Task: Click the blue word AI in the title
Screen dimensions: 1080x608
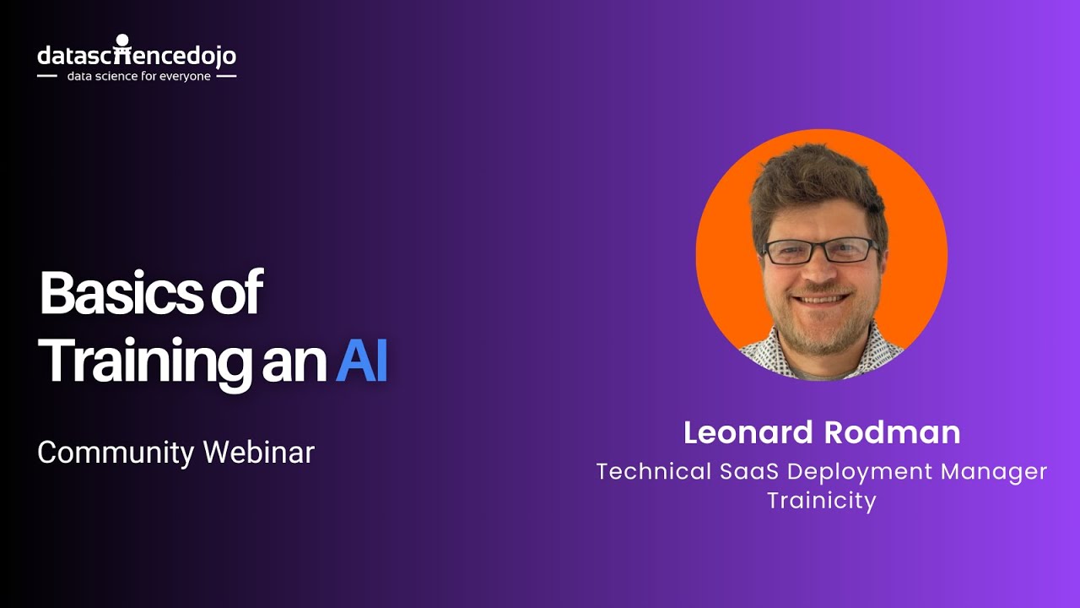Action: (x=362, y=359)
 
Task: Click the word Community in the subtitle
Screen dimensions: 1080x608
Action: (x=116, y=453)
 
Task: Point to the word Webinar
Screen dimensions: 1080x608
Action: (x=258, y=452)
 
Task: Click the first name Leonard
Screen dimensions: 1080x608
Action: (x=748, y=432)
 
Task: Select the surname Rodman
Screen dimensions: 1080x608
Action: (x=892, y=432)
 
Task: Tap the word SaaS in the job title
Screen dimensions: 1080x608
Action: (x=748, y=471)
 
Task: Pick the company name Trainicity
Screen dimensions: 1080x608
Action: (x=822, y=501)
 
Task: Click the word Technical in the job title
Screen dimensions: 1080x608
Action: (x=654, y=471)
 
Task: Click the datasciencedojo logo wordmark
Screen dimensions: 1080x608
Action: (x=137, y=54)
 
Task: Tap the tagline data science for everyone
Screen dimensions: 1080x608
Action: (x=139, y=76)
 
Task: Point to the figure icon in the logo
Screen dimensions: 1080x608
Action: (x=122, y=48)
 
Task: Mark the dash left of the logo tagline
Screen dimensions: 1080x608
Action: (x=47, y=76)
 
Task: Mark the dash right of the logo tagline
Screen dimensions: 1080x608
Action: (x=227, y=76)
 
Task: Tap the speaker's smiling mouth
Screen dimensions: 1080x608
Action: (x=820, y=299)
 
